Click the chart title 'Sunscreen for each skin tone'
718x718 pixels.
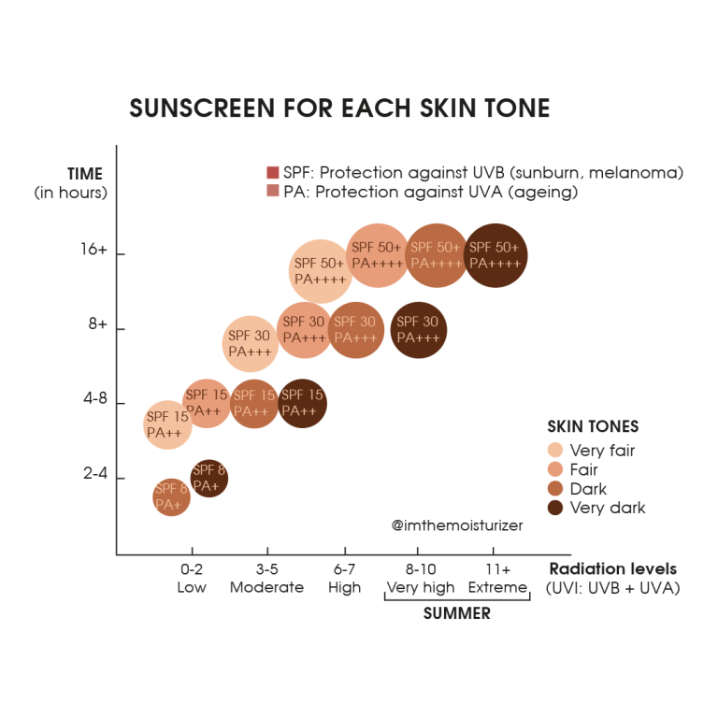click(339, 109)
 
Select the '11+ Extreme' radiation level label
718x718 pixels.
click(497, 579)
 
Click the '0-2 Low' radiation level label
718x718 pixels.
click(192, 579)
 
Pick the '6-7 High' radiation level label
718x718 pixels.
click(344, 579)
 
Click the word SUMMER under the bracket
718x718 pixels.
click(456, 615)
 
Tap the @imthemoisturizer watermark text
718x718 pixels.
click(458, 525)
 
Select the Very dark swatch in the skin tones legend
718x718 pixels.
click(554, 508)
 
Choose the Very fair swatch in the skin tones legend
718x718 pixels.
click(554, 450)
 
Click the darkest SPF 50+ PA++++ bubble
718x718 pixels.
click(495, 255)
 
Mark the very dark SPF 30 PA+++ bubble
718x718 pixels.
click(419, 329)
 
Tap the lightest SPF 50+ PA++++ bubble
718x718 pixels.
click(320, 270)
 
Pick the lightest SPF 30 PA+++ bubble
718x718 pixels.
click(250, 343)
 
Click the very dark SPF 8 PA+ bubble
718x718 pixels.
click(209, 478)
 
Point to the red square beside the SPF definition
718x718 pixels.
click(273, 173)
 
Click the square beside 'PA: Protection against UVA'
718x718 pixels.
click(273, 192)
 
